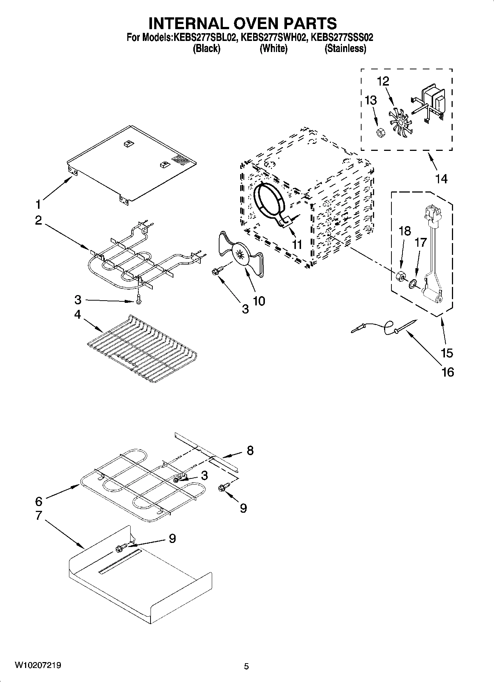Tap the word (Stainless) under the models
pos(345,48)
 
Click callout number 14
pos(441,179)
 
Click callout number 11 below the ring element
pos(297,244)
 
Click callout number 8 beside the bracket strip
pos(250,450)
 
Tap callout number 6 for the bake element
pos(39,501)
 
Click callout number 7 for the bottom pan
pos(39,515)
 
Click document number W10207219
pos(38,665)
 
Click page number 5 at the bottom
pos(246,666)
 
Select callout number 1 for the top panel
pos(38,204)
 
